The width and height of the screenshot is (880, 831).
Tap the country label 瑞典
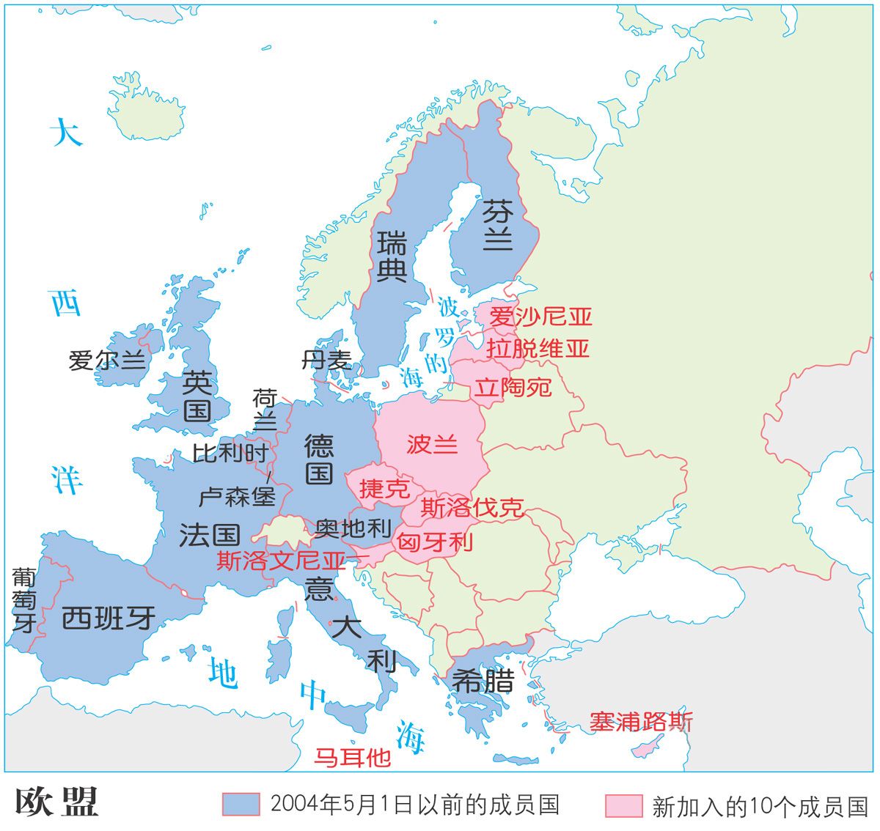pos(392,256)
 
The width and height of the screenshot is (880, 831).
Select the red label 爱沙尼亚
pos(540,317)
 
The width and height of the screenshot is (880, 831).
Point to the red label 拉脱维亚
pos(538,349)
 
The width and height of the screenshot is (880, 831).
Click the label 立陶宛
pos(512,386)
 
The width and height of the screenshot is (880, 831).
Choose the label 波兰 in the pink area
pos(432,444)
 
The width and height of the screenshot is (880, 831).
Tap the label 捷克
pos(384,489)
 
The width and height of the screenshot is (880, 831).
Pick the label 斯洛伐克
pos(472,508)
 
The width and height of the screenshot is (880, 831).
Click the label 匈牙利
pos(434,542)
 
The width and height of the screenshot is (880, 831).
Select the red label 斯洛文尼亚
pos(281,561)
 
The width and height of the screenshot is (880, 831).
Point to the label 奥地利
pos(353,528)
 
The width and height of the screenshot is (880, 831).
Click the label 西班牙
pos(109,618)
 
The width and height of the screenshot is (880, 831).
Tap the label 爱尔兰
pos(107,361)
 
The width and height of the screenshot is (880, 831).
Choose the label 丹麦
pos(326,360)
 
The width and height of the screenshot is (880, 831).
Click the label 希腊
pos(483,682)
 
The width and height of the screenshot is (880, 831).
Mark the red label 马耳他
pos(352,757)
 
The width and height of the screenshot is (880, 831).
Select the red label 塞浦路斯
pos(641,722)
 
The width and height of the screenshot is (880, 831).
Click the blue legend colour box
pos(241,805)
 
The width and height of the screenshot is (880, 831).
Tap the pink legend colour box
pos(623,805)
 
